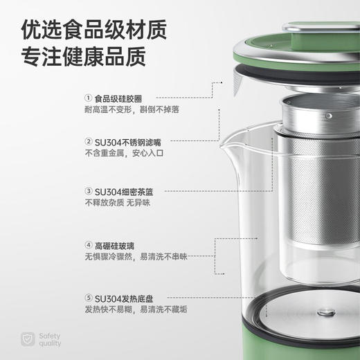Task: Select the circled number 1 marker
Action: [88, 98]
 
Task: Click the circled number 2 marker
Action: [88, 141]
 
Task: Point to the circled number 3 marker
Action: [88, 190]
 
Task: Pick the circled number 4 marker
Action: [88, 245]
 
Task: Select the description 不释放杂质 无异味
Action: [117, 202]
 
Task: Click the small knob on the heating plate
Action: [325, 313]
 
